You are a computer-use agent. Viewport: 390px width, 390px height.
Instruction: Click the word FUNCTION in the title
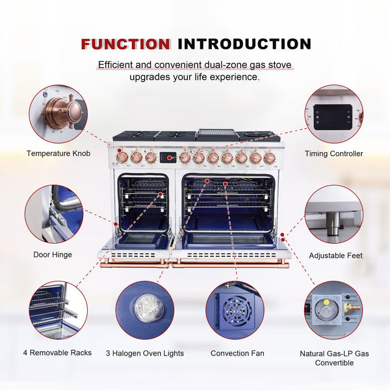(125, 44)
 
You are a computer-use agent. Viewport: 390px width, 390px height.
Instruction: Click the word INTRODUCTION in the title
(244, 44)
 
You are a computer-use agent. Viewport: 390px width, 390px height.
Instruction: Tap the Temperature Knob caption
(58, 154)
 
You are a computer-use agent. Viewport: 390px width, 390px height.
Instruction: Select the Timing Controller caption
(333, 154)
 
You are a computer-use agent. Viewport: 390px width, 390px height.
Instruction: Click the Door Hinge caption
(53, 254)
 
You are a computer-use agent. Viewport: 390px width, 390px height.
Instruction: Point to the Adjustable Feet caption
(335, 255)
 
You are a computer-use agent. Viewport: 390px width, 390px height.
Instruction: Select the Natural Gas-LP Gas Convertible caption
(334, 358)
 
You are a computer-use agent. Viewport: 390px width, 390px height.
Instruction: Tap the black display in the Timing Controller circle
(332, 116)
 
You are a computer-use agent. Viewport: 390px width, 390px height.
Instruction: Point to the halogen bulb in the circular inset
(144, 304)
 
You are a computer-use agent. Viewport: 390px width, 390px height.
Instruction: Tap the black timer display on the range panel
(168, 157)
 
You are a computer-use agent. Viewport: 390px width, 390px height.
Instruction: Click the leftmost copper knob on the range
(122, 157)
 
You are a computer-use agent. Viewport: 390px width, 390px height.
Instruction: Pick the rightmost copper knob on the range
(269, 157)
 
